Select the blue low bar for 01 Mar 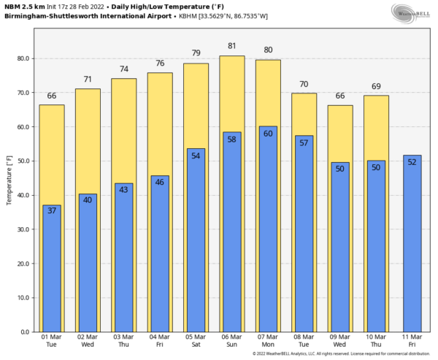52,270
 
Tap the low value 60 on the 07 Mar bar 268,134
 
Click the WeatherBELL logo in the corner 410,13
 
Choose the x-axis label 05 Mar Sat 196,341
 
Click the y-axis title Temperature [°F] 9,175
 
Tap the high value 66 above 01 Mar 52,96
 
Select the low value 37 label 52,211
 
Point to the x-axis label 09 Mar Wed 340,341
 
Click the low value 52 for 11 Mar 412,161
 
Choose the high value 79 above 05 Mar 196,53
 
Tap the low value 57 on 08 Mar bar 304,142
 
